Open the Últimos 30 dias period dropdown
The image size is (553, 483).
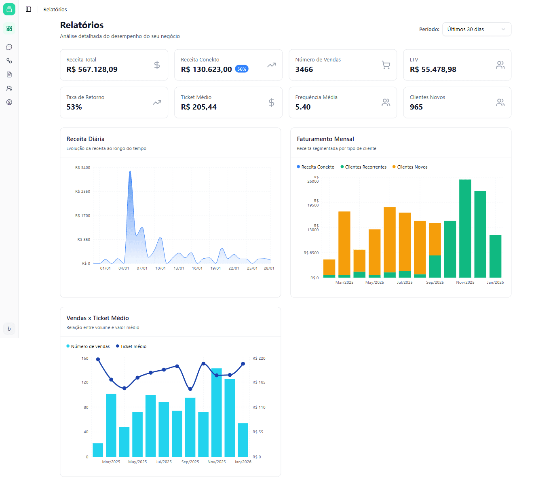tap(477, 29)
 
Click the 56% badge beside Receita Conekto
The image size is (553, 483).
tap(242, 69)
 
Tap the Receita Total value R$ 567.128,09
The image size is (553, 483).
tap(92, 70)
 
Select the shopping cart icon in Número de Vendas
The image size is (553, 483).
tap(386, 65)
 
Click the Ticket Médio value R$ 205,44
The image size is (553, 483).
tap(198, 107)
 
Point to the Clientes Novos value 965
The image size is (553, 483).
tap(416, 107)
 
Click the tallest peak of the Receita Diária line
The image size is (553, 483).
tap(130, 171)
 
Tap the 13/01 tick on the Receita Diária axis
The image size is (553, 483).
tap(179, 268)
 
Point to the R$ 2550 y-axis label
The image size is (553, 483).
tap(82, 192)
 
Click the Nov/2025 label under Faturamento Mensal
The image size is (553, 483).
tap(465, 283)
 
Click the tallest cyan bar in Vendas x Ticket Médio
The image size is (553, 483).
tap(217, 412)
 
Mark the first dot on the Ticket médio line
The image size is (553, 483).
tap(98, 359)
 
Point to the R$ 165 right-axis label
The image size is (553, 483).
tap(259, 382)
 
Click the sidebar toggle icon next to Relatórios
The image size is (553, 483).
tap(28, 9)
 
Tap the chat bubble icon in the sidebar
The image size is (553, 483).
tap(9, 47)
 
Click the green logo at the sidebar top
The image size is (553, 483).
tap(9, 9)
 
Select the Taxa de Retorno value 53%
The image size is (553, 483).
tap(74, 107)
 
